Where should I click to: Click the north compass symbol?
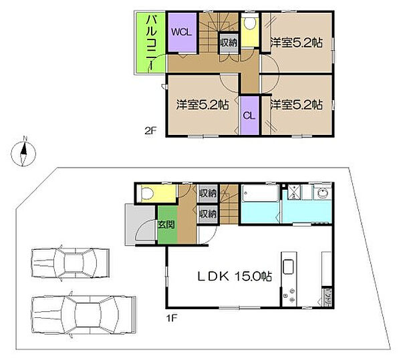(x=23, y=154)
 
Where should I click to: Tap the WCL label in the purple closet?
(x=181, y=32)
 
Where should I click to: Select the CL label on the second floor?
(x=249, y=116)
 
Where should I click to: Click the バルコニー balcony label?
(x=151, y=43)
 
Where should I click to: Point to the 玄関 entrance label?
(x=166, y=224)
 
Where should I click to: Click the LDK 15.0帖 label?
(x=235, y=276)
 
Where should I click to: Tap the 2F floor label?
(x=150, y=131)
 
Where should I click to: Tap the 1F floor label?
(x=172, y=318)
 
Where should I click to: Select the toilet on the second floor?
(x=250, y=23)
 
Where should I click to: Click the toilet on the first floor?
(x=147, y=194)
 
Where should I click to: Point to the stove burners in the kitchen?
(x=289, y=296)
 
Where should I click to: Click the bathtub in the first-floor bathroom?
(x=260, y=193)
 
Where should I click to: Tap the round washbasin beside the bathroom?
(x=322, y=192)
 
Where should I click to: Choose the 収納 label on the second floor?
(x=229, y=43)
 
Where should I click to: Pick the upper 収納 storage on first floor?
(x=208, y=194)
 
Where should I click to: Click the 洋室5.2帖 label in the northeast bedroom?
(x=296, y=43)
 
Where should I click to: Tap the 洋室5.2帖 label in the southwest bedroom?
(x=203, y=105)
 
